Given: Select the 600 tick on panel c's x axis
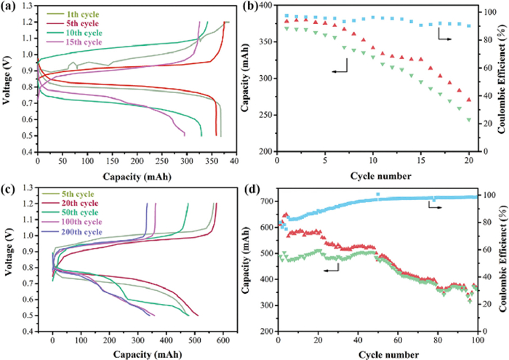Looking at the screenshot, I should point(223,339).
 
